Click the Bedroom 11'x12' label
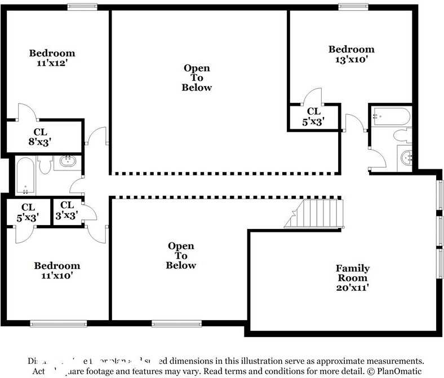click(52, 58)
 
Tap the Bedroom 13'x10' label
click(351, 54)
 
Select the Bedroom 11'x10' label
click(56, 271)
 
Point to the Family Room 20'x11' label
click(353, 278)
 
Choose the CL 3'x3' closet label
click(67, 210)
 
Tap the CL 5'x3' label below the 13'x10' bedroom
click(313, 116)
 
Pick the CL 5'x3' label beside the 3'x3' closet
click(28, 211)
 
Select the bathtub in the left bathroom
click(25, 174)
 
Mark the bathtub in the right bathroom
click(391, 116)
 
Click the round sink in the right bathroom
click(406, 157)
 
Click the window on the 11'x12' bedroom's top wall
click(82, 7)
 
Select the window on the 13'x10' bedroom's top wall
click(353, 7)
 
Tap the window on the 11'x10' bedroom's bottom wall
click(58, 323)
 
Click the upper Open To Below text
click(197, 78)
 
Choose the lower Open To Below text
click(181, 255)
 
